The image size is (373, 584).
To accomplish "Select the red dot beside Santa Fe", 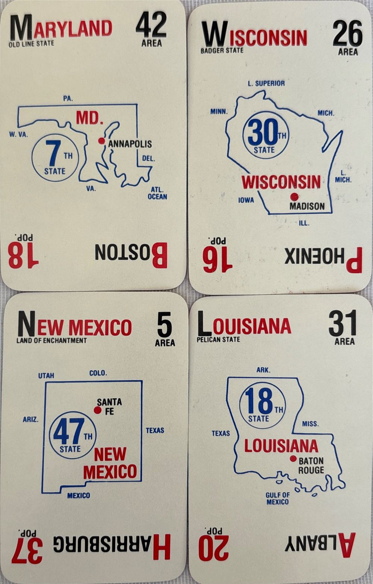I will pos(98,410).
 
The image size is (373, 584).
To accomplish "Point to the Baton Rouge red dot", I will pos(293,459).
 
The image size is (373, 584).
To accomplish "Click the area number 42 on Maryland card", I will pos(151,25).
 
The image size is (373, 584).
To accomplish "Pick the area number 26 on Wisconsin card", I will pos(347,34).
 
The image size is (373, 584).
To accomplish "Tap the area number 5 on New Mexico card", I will pos(164,325).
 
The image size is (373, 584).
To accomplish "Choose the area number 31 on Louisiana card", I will pos(342,324).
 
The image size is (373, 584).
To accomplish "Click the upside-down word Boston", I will pos(131,255).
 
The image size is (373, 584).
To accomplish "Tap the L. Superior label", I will pos(266,84).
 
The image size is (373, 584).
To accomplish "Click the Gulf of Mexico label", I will pos(278,498).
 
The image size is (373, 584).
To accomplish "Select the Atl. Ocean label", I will pos(157,193).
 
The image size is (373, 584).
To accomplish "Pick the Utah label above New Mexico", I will pos(46,376).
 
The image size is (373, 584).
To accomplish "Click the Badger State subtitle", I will pos(222,50).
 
